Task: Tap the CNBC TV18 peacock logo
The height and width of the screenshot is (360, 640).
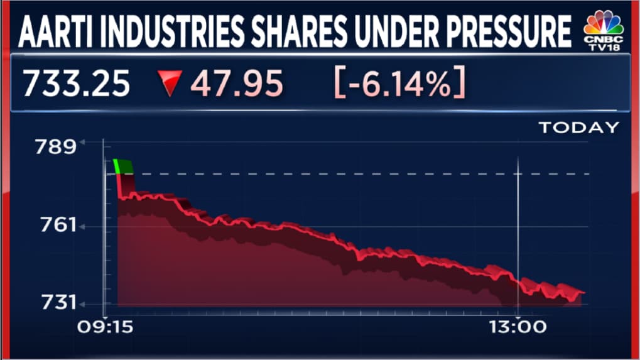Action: (x=604, y=31)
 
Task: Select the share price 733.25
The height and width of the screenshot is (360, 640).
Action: (x=77, y=84)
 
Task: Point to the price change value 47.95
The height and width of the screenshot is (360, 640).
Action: (x=237, y=84)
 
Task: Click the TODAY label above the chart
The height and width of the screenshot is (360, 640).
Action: (x=579, y=128)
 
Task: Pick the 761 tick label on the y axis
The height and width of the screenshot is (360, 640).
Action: (x=58, y=226)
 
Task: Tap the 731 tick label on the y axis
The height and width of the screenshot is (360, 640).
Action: (x=58, y=303)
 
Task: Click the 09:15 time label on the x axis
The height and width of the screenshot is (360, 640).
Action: (x=106, y=327)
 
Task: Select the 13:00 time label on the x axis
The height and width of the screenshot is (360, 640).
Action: (x=518, y=327)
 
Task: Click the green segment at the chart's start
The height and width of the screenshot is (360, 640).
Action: (x=123, y=166)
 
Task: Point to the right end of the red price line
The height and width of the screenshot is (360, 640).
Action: (x=585, y=293)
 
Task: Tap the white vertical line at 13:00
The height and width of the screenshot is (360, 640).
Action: (x=518, y=236)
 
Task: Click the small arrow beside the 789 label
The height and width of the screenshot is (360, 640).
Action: (x=82, y=142)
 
